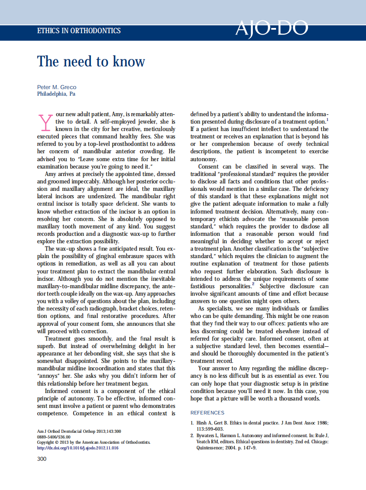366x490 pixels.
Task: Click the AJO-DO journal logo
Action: tap(271, 28)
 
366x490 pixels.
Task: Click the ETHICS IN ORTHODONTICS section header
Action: tap(79, 31)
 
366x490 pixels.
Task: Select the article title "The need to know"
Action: tap(91, 62)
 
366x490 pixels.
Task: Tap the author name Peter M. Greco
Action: tap(57, 87)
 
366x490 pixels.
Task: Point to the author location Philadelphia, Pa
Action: tap(56, 94)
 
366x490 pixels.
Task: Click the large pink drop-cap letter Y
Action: tap(45, 122)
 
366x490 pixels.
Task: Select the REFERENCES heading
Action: tap(207, 413)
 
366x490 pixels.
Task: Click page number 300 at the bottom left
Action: tap(41, 459)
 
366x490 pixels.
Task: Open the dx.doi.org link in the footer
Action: tap(77, 448)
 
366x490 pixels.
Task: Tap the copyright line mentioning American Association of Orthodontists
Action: tap(93, 442)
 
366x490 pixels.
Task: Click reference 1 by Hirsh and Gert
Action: tap(259, 425)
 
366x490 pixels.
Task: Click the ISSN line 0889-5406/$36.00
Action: tap(53, 437)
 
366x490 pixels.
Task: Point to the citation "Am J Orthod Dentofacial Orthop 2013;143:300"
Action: tap(79, 431)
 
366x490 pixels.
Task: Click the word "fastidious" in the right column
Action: tap(205, 286)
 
